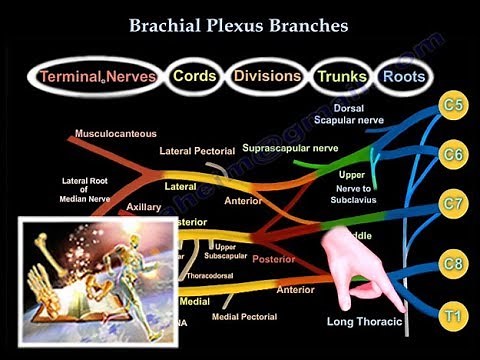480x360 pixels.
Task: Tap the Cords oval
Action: [194, 75]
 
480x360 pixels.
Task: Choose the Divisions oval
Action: [266, 75]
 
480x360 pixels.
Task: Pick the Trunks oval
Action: [340, 75]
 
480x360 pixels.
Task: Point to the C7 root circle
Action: [455, 206]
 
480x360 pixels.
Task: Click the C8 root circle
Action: [455, 266]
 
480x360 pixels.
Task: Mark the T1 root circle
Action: [455, 316]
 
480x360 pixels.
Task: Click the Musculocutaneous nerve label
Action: [115, 133]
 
